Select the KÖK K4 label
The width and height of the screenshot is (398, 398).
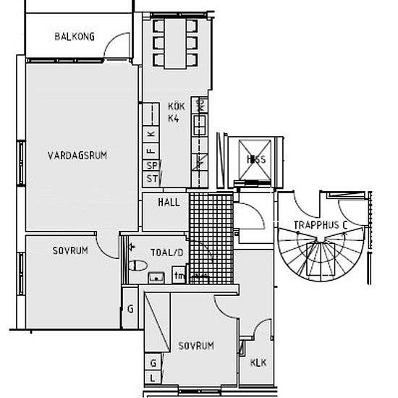pos(177,111)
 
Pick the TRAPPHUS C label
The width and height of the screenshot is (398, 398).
pos(321,225)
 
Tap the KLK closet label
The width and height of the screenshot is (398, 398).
pos(258,363)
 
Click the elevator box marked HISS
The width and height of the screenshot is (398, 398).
pos(254,160)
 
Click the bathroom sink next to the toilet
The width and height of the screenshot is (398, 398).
pos(154,276)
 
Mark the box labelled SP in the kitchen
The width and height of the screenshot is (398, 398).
pos(152,165)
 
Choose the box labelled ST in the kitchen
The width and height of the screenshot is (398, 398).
pos(152,178)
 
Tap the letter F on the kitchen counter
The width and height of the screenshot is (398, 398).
pos(151,150)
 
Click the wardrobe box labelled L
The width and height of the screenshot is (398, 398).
pos(153,378)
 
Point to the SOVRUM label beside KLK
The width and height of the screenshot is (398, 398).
pos(195,346)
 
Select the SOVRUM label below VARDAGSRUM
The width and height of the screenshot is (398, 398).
pos(70,251)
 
